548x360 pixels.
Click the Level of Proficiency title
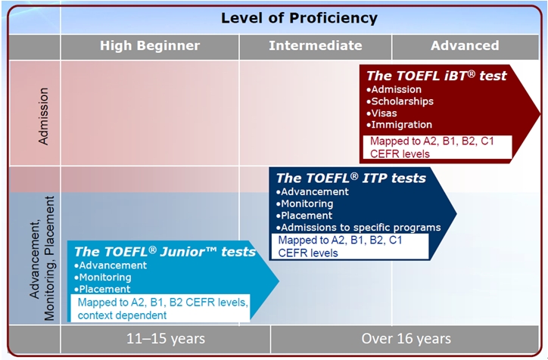299,17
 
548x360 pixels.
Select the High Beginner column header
150,45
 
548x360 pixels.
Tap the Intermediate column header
315,45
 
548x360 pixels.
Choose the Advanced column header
465,45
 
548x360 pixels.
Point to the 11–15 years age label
165,338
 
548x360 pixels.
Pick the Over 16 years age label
406,338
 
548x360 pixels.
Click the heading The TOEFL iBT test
436,76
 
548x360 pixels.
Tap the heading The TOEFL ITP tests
350,178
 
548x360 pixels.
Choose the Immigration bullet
399,124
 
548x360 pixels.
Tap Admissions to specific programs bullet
359,227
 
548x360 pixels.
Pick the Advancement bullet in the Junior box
111,265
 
